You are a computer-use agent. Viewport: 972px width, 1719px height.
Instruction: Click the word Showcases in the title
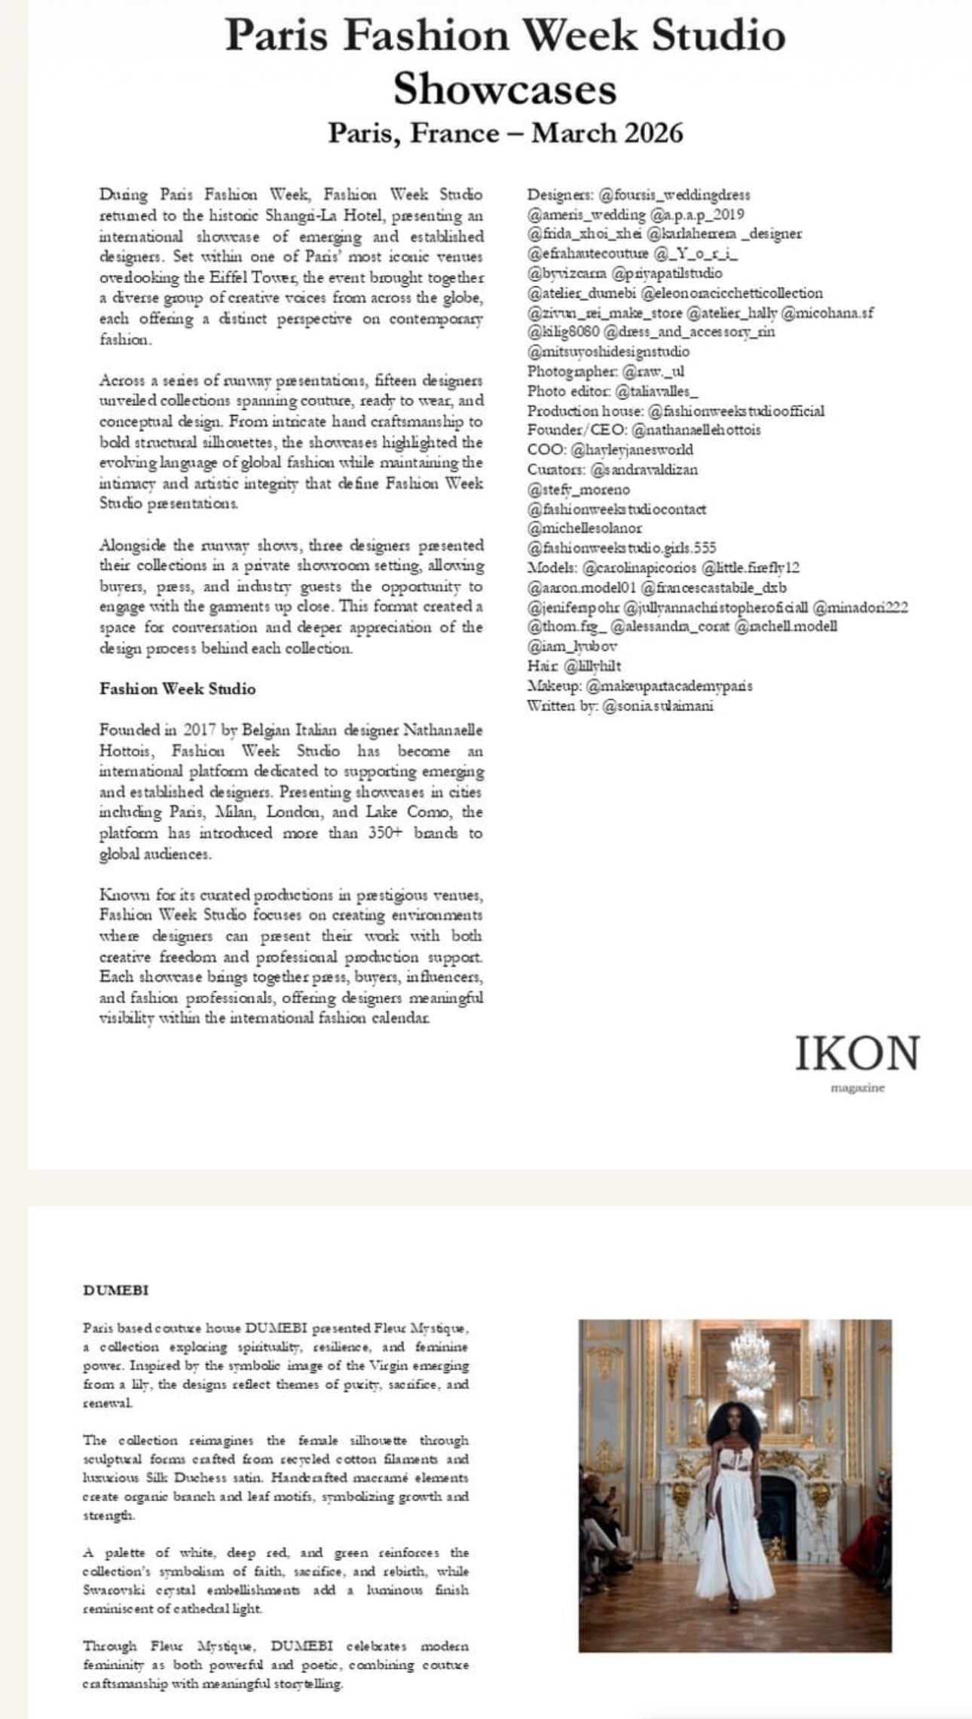[x=505, y=90]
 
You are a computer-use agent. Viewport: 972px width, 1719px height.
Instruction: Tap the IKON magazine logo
[x=857, y=1056]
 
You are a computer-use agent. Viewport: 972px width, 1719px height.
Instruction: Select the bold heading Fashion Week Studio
[x=178, y=689]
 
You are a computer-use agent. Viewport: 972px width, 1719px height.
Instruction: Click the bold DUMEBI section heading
[x=115, y=1289]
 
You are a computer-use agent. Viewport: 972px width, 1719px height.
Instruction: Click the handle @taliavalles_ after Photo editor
[x=657, y=391]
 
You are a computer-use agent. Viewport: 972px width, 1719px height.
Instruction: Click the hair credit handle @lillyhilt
[x=591, y=666]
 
